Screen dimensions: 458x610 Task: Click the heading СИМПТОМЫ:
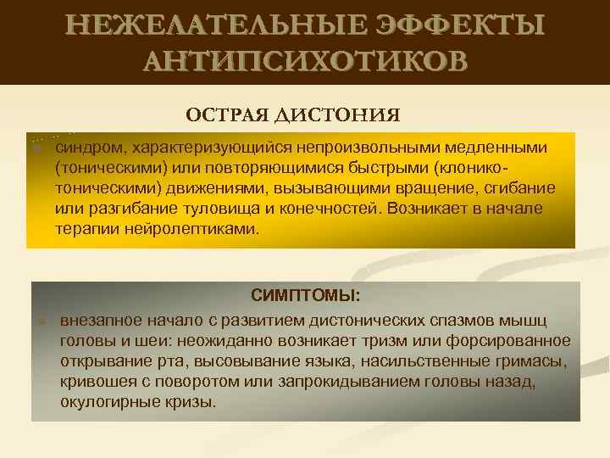(x=305, y=296)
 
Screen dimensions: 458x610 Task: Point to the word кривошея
(x=97, y=381)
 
